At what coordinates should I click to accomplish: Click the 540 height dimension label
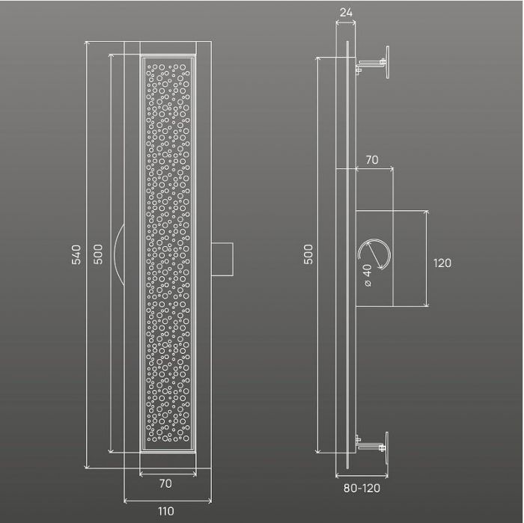(76, 254)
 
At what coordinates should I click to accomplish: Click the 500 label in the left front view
(98, 254)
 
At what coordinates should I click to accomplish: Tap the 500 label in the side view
(308, 254)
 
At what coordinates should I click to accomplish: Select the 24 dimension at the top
(346, 13)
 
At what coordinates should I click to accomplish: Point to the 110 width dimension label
(166, 511)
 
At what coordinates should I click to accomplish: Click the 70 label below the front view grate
(165, 483)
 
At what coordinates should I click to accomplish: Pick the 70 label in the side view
(372, 160)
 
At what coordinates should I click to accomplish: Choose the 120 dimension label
(442, 263)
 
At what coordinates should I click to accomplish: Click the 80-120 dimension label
(362, 489)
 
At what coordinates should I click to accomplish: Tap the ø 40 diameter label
(368, 275)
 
